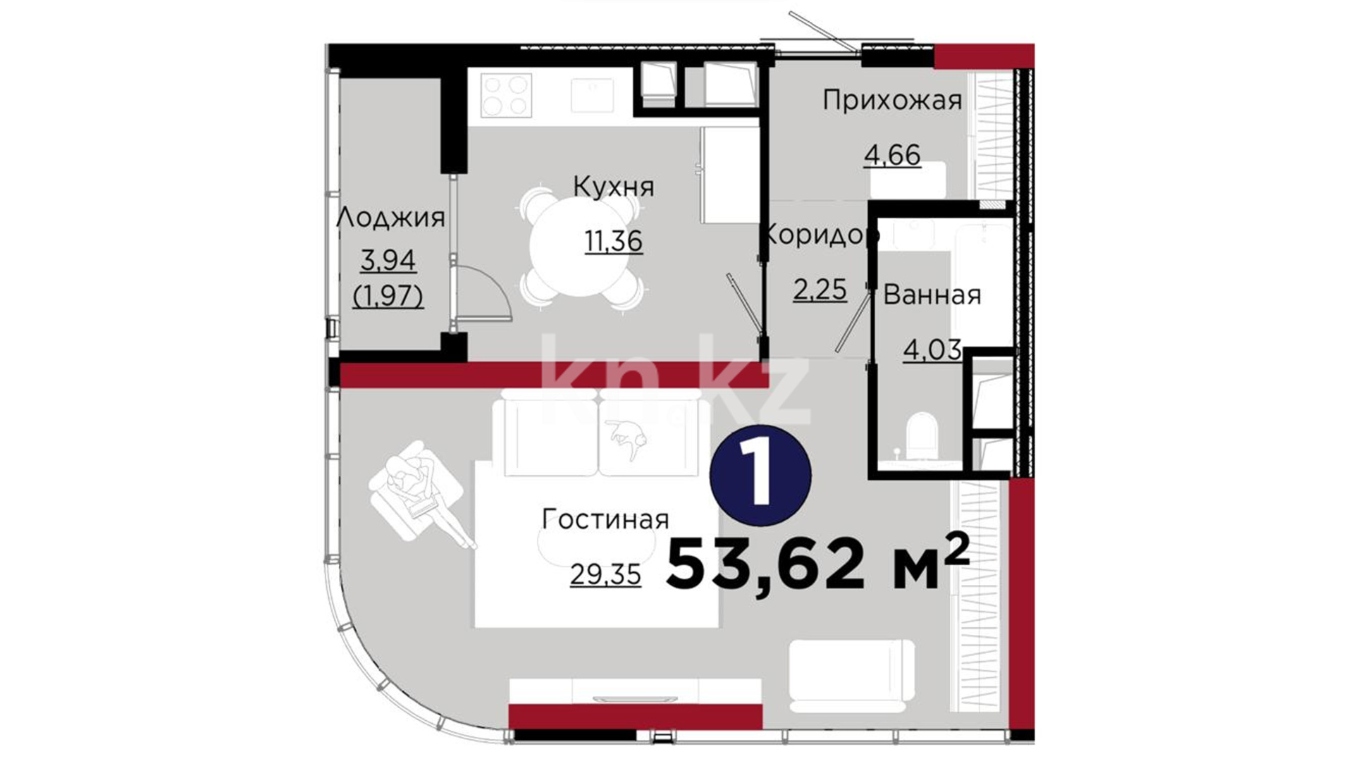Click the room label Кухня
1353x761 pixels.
pos(613,187)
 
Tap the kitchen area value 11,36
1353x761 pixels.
pos(613,241)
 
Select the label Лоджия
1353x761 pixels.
pos(390,218)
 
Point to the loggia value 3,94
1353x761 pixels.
pos(388,261)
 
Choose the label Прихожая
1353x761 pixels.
pos(892,100)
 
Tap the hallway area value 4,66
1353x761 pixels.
pos(892,155)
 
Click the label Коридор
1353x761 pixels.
pos(822,234)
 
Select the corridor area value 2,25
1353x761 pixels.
pos(820,289)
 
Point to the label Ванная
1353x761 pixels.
pos(932,295)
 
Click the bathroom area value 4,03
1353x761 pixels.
pos(932,349)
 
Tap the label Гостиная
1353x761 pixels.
pos(605,519)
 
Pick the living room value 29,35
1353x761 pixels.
pos(605,575)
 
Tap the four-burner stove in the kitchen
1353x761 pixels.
pos(506,95)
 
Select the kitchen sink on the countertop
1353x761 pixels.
pos(592,95)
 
